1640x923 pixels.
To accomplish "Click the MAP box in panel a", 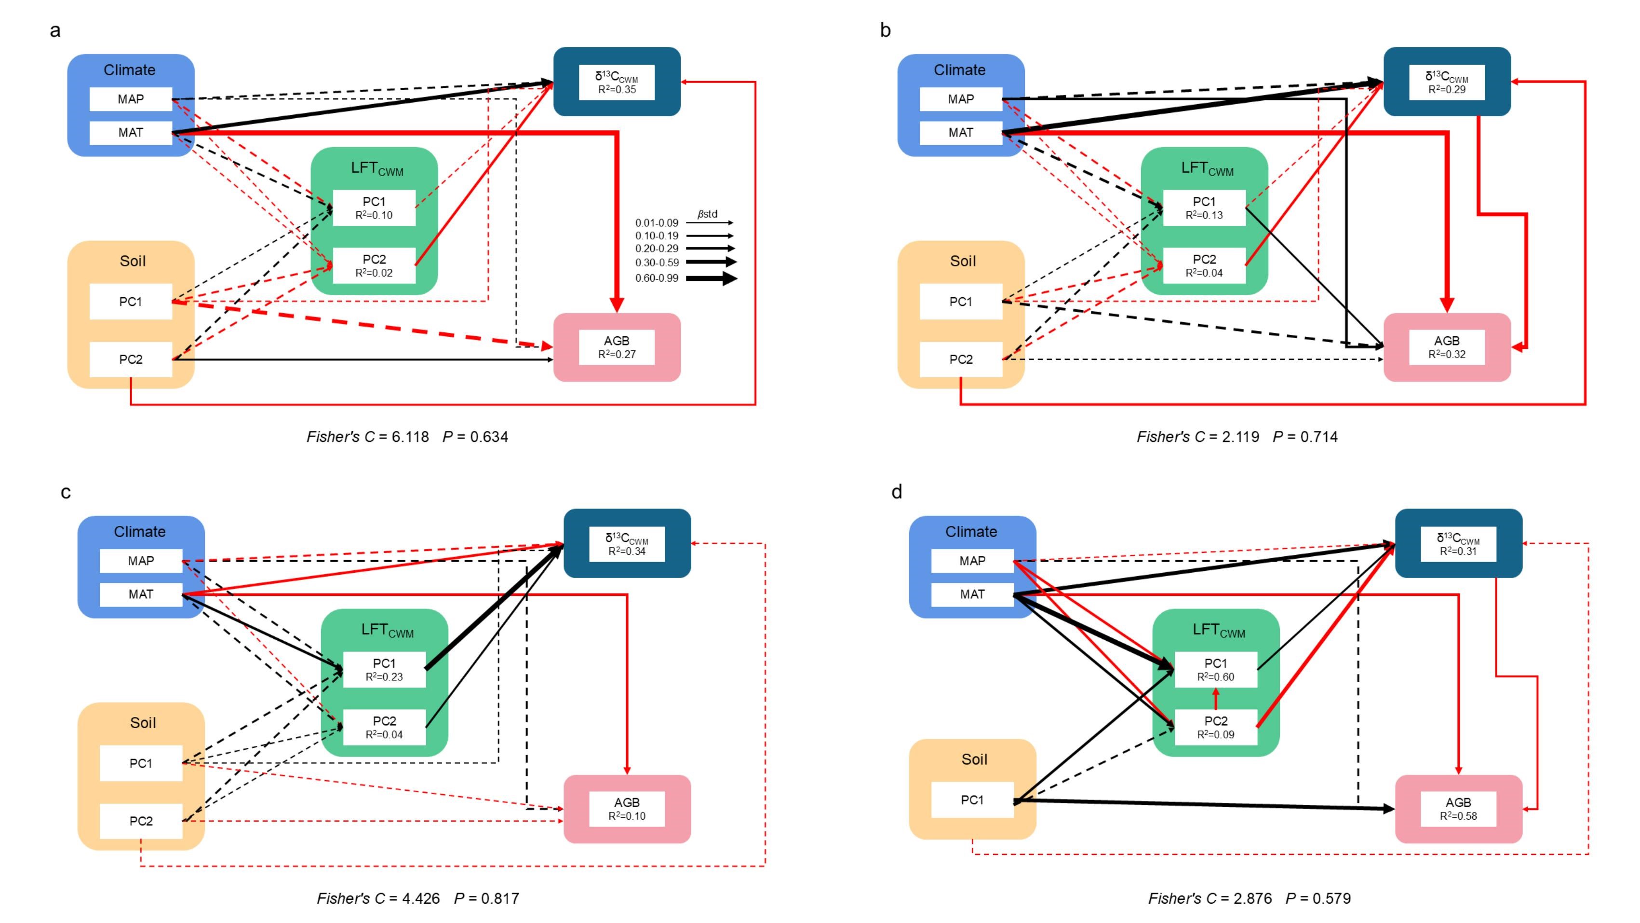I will pyautogui.click(x=131, y=99).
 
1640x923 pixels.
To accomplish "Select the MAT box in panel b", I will pyautogui.click(x=960, y=133).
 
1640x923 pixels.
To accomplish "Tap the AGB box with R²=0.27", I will pyautogui.click(x=616, y=347).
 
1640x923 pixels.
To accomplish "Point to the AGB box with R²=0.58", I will pyautogui.click(x=1458, y=809).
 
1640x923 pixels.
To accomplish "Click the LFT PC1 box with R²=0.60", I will pyautogui.click(x=1215, y=670).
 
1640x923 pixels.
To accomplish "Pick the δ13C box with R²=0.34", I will pyautogui.click(x=627, y=544).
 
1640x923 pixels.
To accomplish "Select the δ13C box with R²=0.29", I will pyautogui.click(x=1447, y=82).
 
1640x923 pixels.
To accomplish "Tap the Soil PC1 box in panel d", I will pyautogui.click(x=972, y=800).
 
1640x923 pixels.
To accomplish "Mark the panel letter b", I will pyautogui.click(x=885, y=30).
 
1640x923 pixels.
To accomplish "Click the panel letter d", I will pyautogui.click(x=896, y=492).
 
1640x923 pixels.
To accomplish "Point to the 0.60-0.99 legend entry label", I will pyautogui.click(x=657, y=278).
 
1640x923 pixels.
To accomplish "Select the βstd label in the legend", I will pyautogui.click(x=707, y=214).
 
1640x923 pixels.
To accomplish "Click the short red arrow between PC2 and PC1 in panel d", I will pyautogui.click(x=1216, y=699).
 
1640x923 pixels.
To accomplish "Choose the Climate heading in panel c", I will pyautogui.click(x=139, y=532).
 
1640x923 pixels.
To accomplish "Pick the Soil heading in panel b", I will pyautogui.click(x=963, y=261).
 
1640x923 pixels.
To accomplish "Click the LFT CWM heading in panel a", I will pyautogui.click(x=377, y=169).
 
